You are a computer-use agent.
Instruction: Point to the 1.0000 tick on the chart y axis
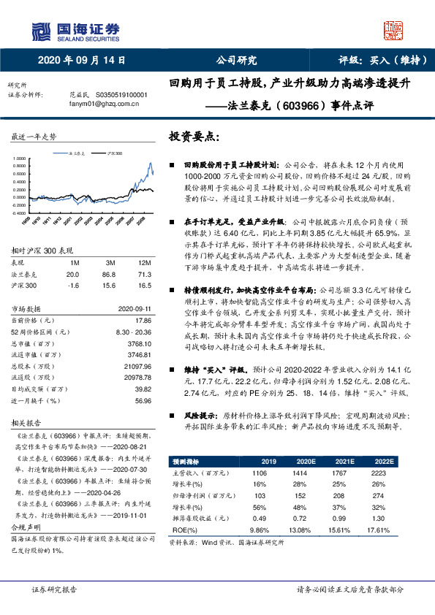(20, 158)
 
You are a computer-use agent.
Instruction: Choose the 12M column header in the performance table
(144, 262)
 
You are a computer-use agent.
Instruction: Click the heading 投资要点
(195, 136)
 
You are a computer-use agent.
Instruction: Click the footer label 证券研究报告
(54, 588)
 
